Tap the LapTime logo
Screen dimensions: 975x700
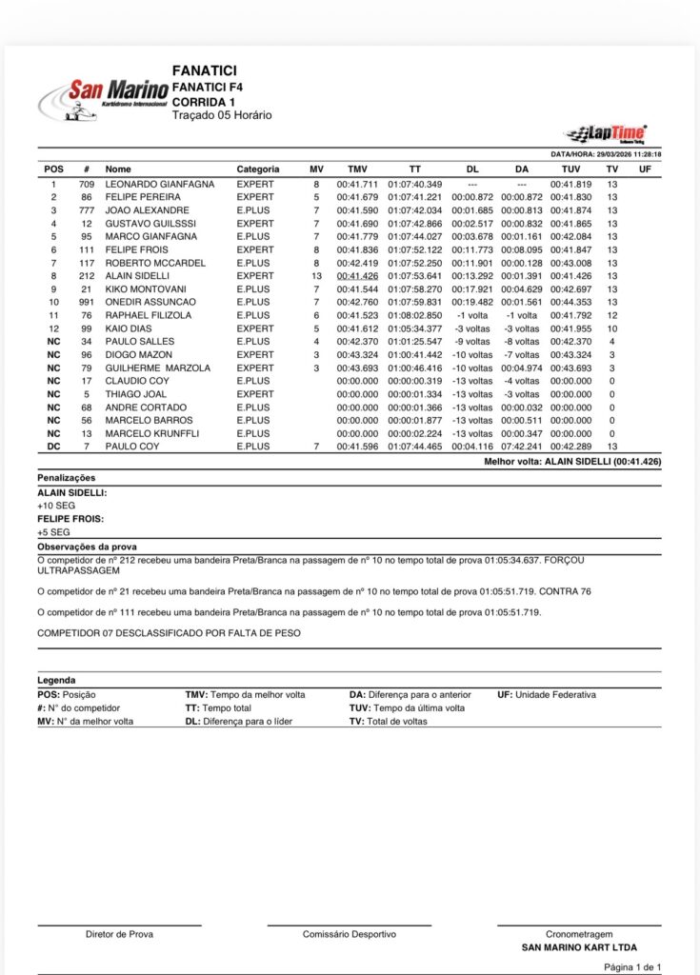[x=605, y=133]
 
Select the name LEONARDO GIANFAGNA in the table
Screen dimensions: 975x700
[x=159, y=184]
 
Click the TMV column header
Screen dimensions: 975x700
[x=357, y=169]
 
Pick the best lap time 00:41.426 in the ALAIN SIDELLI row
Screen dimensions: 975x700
[x=357, y=276]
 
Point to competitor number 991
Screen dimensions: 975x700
[x=86, y=302]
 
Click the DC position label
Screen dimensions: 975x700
[x=54, y=447]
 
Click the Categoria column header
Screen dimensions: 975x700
[x=258, y=169]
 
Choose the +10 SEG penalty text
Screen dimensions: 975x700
[x=55, y=506]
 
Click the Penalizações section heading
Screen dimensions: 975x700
[x=66, y=477]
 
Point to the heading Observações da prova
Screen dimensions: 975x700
[x=87, y=547]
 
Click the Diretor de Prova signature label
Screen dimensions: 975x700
[x=119, y=934]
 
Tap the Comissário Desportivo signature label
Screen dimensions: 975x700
[x=350, y=934]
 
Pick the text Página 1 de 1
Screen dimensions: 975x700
[x=633, y=966]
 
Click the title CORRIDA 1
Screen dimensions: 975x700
[x=204, y=102]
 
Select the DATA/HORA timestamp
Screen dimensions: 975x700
[x=607, y=154]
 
